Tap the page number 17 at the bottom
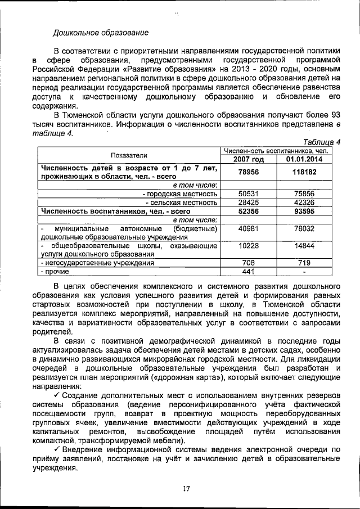(186, 488)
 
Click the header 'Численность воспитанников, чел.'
(276, 151)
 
